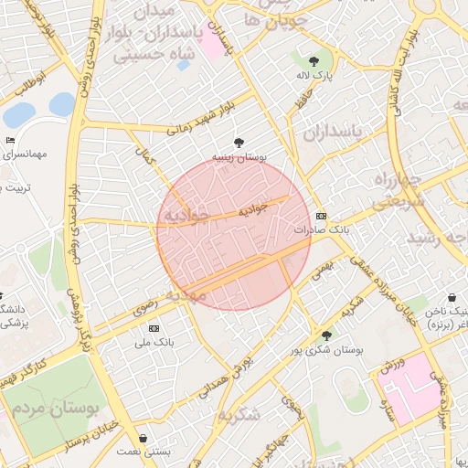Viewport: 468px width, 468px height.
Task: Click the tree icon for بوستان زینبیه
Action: pyautogui.click(x=239, y=143)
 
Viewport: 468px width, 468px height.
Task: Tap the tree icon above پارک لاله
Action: pyautogui.click(x=314, y=61)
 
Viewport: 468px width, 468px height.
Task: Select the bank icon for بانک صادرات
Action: pyautogui.click(x=320, y=216)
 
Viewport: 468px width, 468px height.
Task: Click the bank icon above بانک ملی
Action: pyautogui.click(x=154, y=328)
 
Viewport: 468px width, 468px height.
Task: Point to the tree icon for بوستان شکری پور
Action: pyautogui.click(x=326, y=335)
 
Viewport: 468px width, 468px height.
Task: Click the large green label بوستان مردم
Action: pyautogui.click(x=53, y=402)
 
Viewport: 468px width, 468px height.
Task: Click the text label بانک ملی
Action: pyautogui.click(x=154, y=343)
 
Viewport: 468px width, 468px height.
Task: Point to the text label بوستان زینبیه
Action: pyautogui.click(x=239, y=157)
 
